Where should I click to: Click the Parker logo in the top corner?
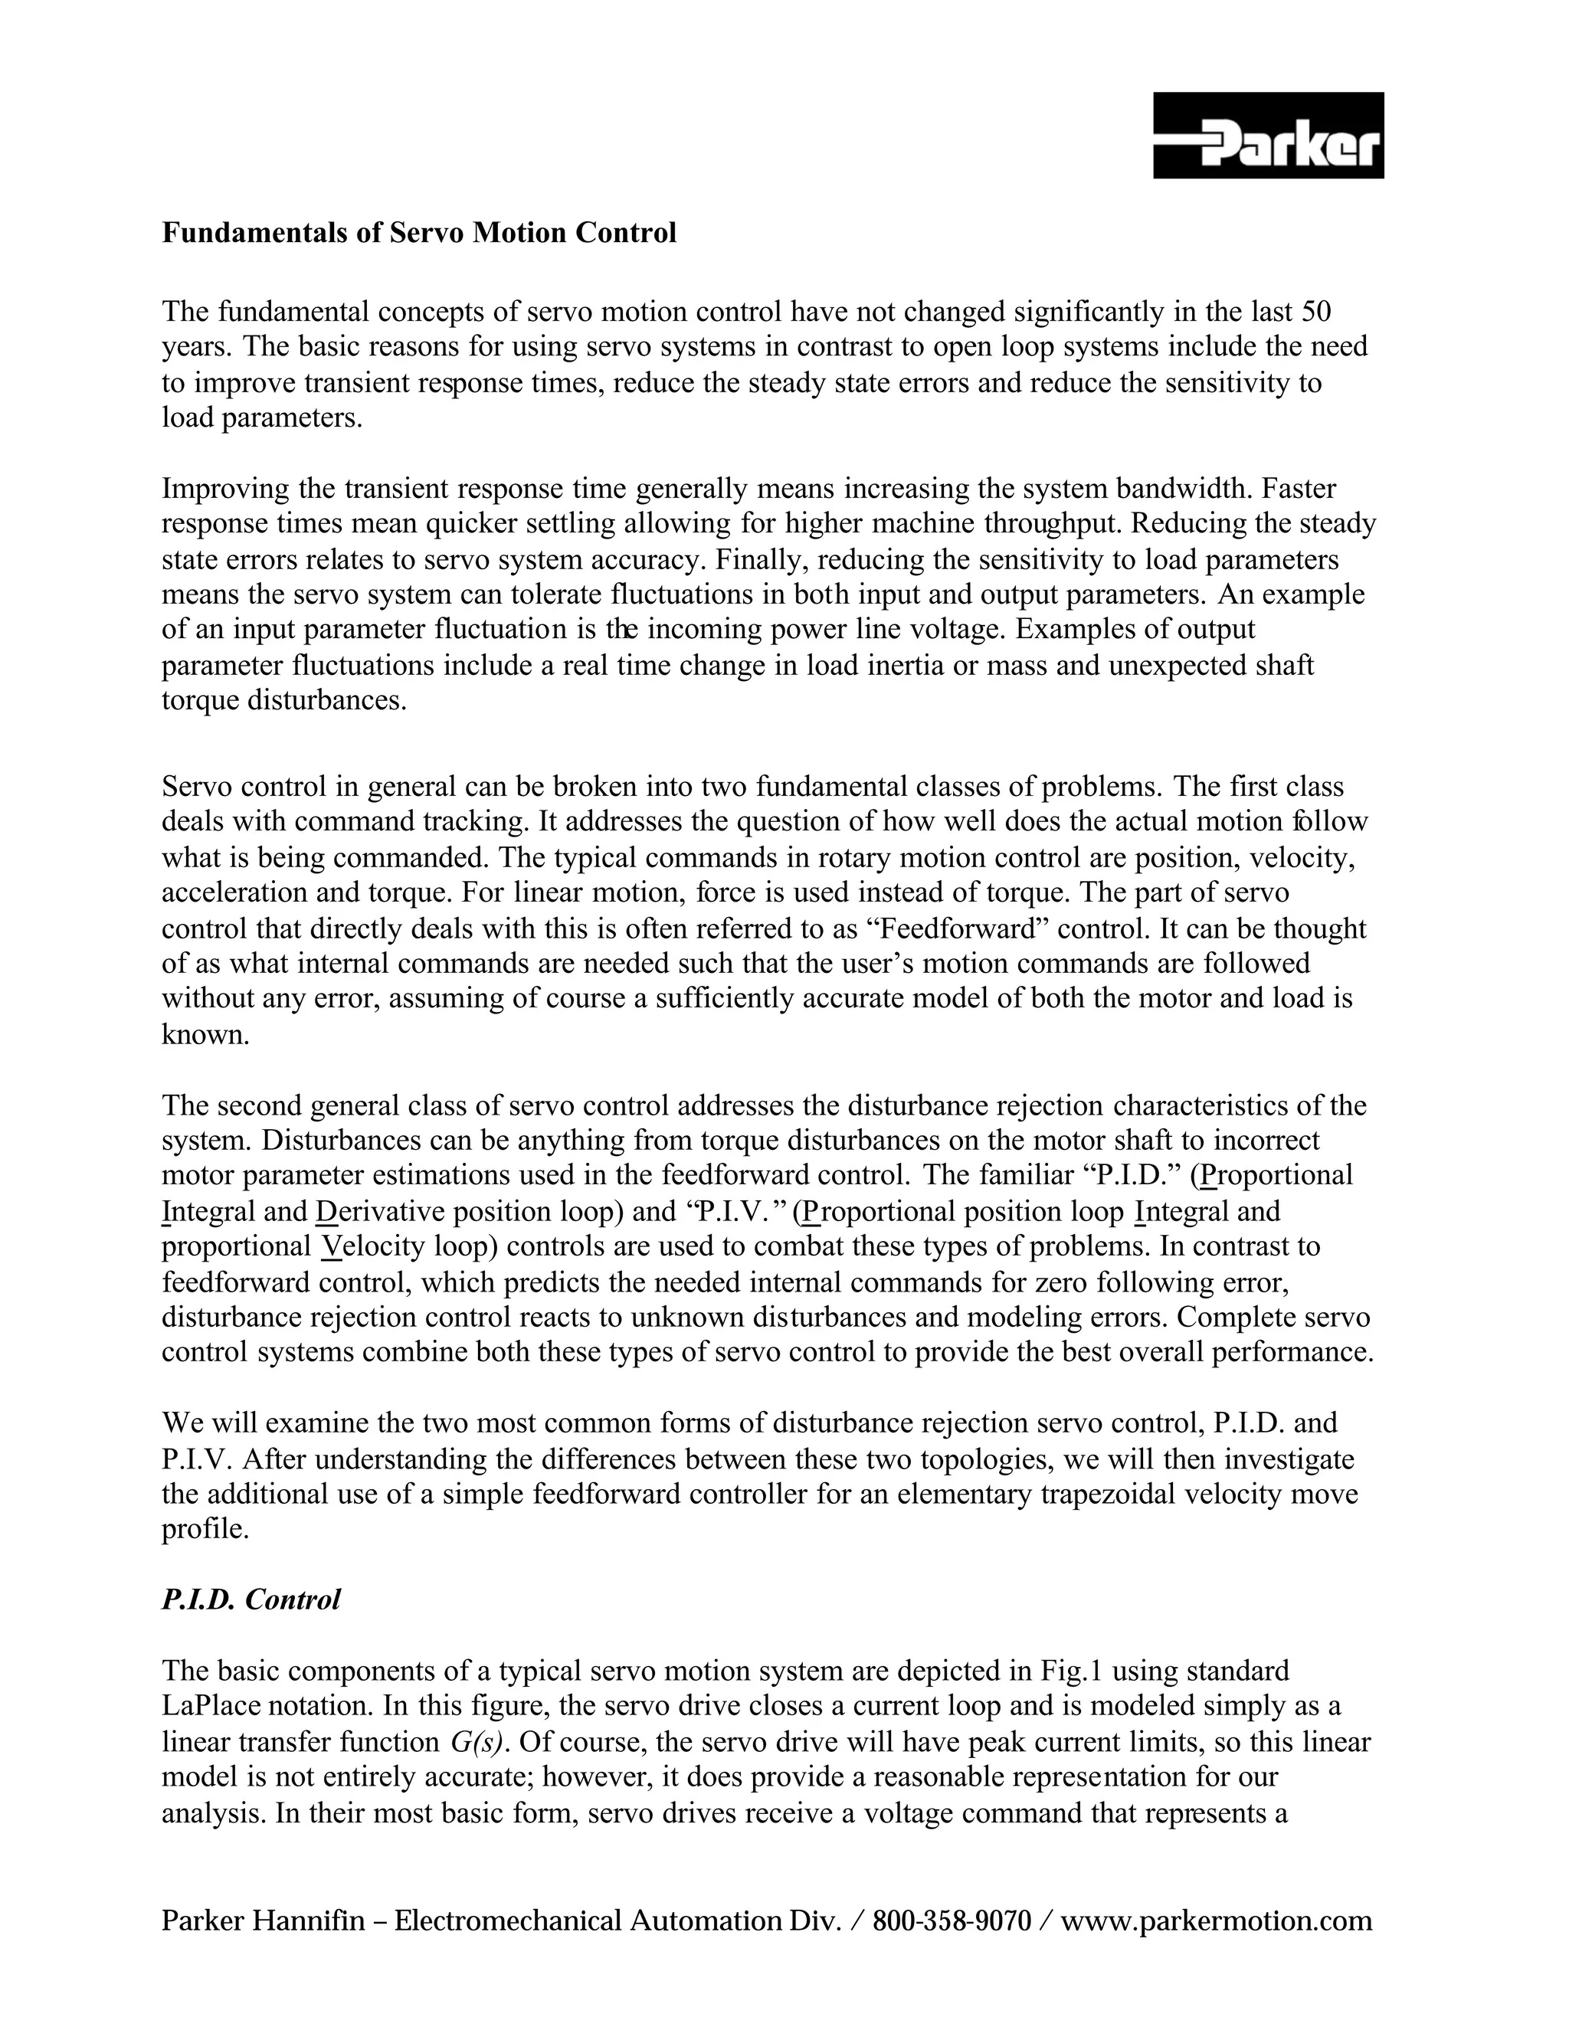(x=1268, y=136)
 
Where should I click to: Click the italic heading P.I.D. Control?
(x=252, y=1599)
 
